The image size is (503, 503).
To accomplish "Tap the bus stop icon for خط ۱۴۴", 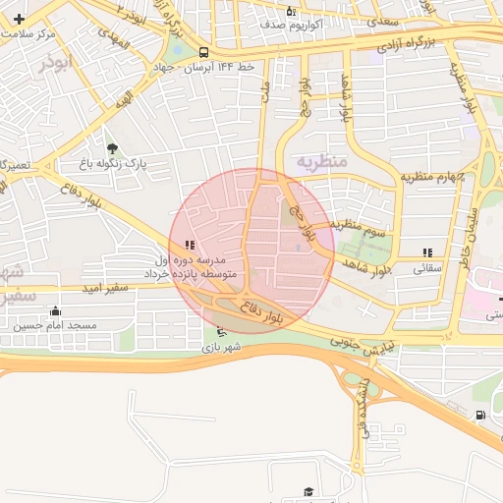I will [203, 52].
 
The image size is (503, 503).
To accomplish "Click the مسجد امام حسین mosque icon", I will [54, 311].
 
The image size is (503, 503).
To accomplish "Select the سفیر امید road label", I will [106, 287].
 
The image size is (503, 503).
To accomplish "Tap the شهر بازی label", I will [221, 347].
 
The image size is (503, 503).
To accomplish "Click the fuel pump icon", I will [478, 415].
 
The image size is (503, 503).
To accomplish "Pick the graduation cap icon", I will [308, 490].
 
